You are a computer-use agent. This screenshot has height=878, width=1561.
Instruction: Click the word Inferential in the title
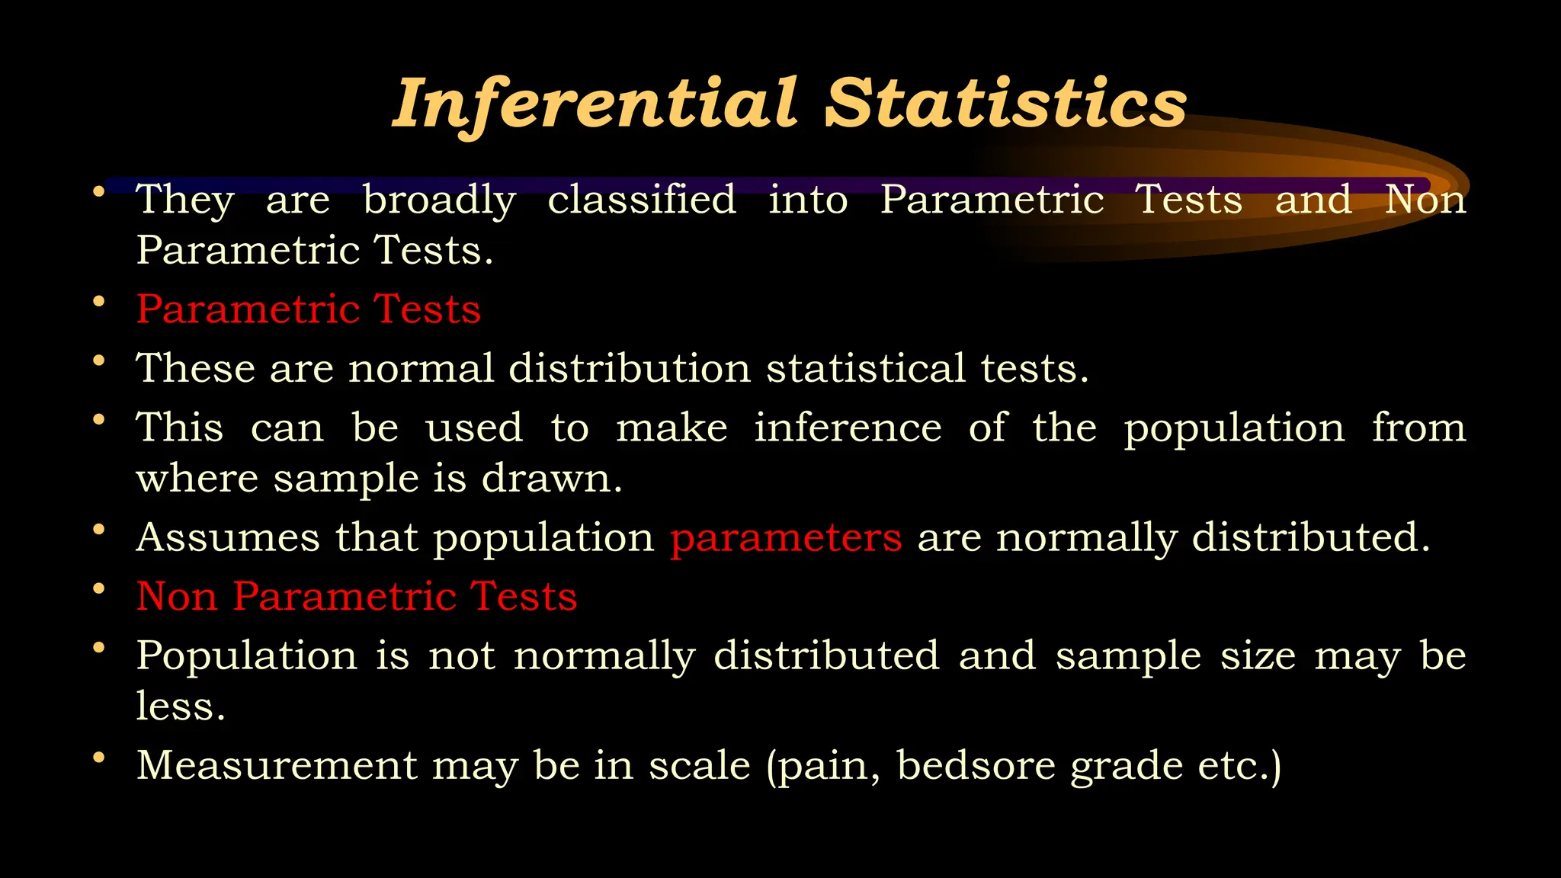595,104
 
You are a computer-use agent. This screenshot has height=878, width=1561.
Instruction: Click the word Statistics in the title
1005,104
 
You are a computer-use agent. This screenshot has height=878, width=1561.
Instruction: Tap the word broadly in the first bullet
439,200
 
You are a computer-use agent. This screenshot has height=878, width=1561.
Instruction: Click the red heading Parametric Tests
309,309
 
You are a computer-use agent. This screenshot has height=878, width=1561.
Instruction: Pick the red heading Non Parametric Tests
357,596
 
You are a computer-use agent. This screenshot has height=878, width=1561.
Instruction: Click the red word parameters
786,538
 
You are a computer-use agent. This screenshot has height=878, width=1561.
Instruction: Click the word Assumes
228,537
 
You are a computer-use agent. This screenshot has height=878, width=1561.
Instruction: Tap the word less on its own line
180,706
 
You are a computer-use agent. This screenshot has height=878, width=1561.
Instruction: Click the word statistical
866,368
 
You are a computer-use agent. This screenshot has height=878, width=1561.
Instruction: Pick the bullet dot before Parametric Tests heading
98,302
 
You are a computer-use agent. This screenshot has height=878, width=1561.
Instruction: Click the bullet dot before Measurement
98,758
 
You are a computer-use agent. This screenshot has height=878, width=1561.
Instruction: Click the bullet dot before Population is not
98,648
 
